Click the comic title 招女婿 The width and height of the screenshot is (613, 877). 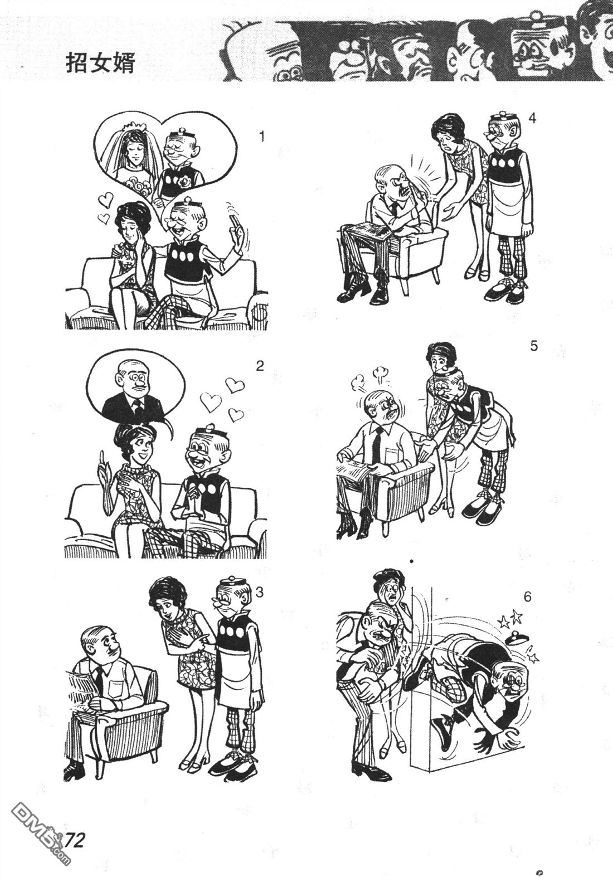pyautogui.click(x=100, y=64)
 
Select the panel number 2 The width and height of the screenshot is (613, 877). pyautogui.click(x=260, y=366)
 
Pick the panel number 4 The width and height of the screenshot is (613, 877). pyautogui.click(x=532, y=118)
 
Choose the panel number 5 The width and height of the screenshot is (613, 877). pyautogui.click(x=533, y=346)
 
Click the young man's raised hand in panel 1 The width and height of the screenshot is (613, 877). pyautogui.click(x=237, y=235)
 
